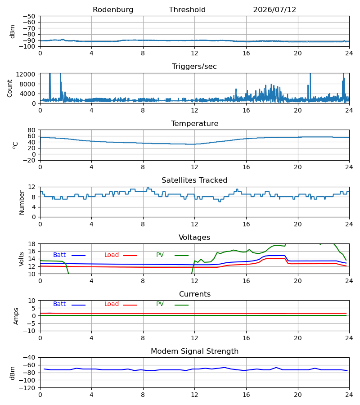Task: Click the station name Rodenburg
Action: tap(113, 10)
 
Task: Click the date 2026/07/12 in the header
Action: tap(274, 10)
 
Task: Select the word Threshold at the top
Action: tap(187, 10)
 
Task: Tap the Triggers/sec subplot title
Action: tap(194, 67)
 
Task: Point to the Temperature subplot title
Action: tap(194, 123)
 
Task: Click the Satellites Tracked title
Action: tap(194, 180)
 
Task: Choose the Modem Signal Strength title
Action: tap(194, 351)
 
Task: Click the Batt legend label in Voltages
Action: tap(59, 255)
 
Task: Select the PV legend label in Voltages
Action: tap(160, 255)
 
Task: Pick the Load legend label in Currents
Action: tap(112, 304)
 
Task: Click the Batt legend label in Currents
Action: tap(59, 304)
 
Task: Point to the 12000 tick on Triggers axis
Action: tap(26, 74)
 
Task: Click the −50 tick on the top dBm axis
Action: tap(29, 16)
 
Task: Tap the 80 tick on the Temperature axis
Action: tap(31, 130)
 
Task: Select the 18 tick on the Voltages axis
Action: tap(31, 244)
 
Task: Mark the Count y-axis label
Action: tap(9, 88)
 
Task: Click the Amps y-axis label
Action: tap(16, 316)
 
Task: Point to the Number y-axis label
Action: tap(22, 202)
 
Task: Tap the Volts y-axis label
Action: tap(21, 259)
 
